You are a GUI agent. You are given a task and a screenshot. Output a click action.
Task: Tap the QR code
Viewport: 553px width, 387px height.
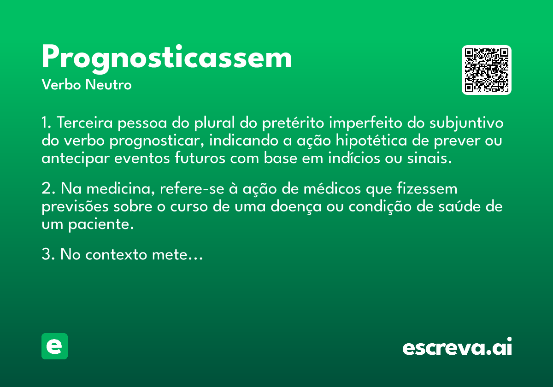[x=486, y=70]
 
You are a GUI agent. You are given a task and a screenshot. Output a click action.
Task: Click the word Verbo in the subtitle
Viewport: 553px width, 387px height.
[x=61, y=85]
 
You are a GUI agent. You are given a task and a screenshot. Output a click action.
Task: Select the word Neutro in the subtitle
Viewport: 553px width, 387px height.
[x=108, y=85]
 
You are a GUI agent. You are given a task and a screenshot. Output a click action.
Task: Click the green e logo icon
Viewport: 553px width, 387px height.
[x=54, y=346]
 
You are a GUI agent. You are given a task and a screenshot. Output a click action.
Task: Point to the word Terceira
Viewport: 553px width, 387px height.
[x=85, y=123]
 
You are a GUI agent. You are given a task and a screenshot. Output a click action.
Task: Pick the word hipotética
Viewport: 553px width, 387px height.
[x=371, y=141]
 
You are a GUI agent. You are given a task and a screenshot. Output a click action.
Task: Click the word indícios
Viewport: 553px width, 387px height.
[x=354, y=158]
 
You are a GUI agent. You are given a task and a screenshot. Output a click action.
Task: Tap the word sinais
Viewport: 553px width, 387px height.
[x=429, y=158]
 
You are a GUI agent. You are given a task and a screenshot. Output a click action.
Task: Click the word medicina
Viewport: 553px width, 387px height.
[x=121, y=189]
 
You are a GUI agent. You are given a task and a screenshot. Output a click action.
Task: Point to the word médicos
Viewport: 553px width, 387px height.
[x=332, y=189]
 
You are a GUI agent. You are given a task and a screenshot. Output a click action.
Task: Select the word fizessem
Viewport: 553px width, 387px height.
[x=427, y=188]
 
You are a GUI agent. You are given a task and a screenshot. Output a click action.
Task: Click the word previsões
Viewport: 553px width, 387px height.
[x=75, y=207]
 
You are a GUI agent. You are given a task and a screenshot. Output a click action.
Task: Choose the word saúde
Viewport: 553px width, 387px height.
[x=459, y=206]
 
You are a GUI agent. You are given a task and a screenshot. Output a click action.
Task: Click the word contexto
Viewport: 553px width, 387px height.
[x=116, y=254]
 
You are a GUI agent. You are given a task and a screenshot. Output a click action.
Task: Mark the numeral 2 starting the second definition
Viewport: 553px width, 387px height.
[x=46, y=189]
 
